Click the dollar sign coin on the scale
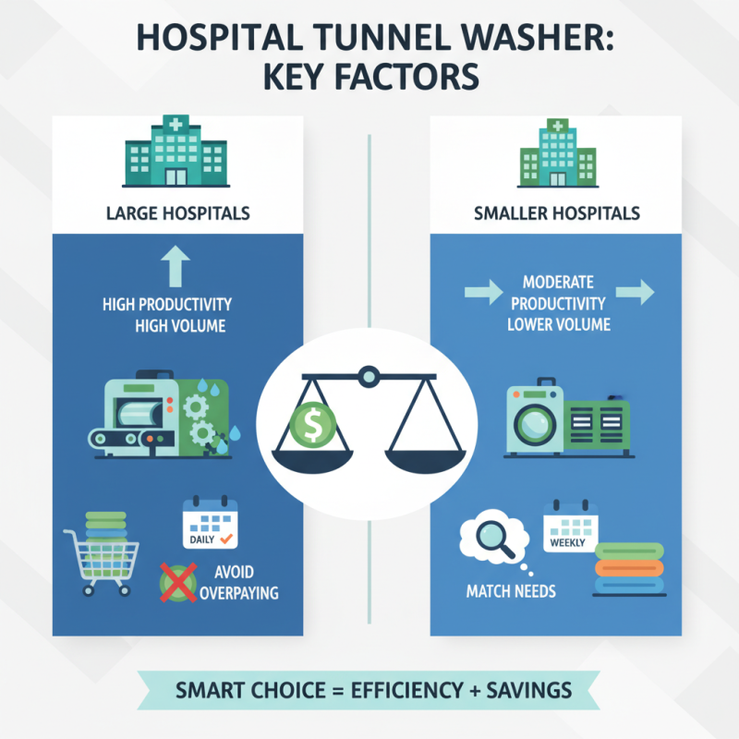pyautogui.click(x=312, y=424)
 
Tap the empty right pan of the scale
pyautogui.click(x=425, y=460)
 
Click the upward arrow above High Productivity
pyautogui.click(x=176, y=266)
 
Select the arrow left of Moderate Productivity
pyautogui.click(x=483, y=292)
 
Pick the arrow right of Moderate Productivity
pyautogui.click(x=635, y=292)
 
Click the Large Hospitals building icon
pyautogui.click(x=176, y=151)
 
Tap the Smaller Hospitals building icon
pyautogui.click(x=558, y=153)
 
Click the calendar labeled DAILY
pyautogui.click(x=211, y=522)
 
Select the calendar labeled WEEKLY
pyautogui.click(x=571, y=526)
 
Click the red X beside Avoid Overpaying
pyautogui.click(x=178, y=583)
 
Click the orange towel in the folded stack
pyautogui.click(x=629, y=568)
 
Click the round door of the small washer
pyautogui.click(x=535, y=423)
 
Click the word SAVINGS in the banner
pyautogui.click(x=528, y=690)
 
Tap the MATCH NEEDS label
pyautogui.click(x=511, y=591)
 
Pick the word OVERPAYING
pyautogui.click(x=239, y=593)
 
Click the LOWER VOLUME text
pyautogui.click(x=559, y=324)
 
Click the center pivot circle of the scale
pyautogui.click(x=369, y=377)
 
